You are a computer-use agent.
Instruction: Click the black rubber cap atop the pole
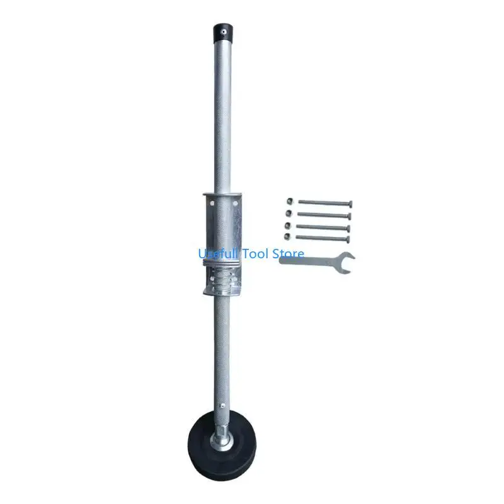pyautogui.click(x=223, y=32)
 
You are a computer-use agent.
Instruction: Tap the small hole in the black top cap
pyautogui.click(x=222, y=32)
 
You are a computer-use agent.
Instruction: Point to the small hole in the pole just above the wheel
pyautogui.click(x=221, y=406)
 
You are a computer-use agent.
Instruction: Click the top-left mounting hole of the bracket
pyautogui.click(x=212, y=203)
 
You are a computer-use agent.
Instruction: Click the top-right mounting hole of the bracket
pyautogui.click(x=235, y=203)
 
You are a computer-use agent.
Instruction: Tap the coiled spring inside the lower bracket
pyautogui.click(x=222, y=279)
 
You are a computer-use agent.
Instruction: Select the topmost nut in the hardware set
pyautogui.click(x=290, y=202)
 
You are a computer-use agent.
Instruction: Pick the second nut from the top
pyautogui.click(x=289, y=213)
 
